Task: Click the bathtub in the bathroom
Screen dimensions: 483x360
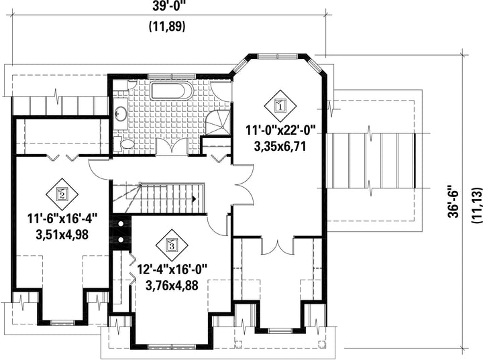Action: coord(171,91)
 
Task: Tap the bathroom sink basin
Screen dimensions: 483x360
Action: coord(121,113)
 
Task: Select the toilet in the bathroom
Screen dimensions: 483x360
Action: coord(124,144)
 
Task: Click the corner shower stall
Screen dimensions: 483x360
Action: coord(218,123)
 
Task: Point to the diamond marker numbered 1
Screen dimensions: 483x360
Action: coord(280,106)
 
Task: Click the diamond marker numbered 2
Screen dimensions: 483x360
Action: coord(62,194)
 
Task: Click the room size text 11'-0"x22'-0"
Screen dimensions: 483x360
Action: coord(281,130)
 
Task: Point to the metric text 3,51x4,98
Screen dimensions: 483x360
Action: coord(62,235)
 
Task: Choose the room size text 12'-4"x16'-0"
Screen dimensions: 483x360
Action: coord(172,269)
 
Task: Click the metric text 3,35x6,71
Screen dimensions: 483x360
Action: coord(280,147)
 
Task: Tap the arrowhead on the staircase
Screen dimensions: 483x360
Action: coord(194,198)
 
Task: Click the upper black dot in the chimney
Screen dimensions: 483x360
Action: coord(121,224)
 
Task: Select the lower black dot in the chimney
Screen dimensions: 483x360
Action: coord(121,239)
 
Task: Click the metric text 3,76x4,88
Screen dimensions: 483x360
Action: coord(172,286)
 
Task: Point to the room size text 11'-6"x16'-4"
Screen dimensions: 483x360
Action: coord(62,219)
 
